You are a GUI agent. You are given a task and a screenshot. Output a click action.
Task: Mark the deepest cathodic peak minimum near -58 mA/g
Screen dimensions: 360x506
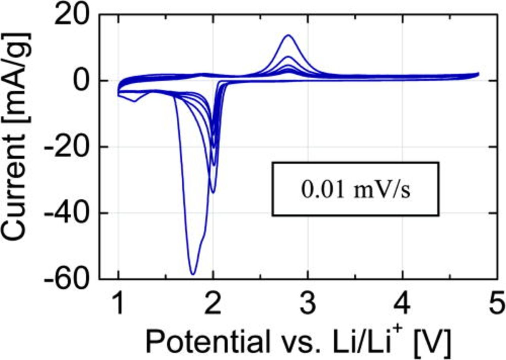(x=193, y=273)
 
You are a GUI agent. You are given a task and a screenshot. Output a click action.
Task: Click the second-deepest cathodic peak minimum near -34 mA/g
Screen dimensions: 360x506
(x=213, y=192)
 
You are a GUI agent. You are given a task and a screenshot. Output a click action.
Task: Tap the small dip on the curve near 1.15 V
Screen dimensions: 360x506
(x=134, y=102)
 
